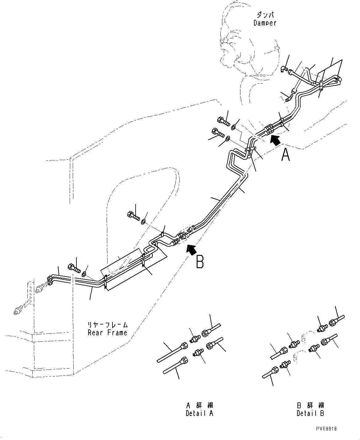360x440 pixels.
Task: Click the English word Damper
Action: (x=265, y=23)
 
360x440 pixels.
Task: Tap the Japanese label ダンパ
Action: (x=265, y=15)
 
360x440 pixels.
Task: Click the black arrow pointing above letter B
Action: (x=191, y=249)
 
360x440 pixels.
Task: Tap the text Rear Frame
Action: (x=107, y=333)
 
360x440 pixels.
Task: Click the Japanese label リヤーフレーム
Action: (x=107, y=325)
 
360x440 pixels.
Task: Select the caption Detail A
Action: (x=199, y=413)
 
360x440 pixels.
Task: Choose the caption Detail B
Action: (x=310, y=413)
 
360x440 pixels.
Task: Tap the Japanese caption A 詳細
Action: (x=200, y=406)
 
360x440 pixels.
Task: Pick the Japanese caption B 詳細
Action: (x=310, y=406)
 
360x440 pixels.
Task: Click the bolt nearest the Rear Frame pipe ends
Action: (x=74, y=268)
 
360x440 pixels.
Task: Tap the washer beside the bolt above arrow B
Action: (x=143, y=221)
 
